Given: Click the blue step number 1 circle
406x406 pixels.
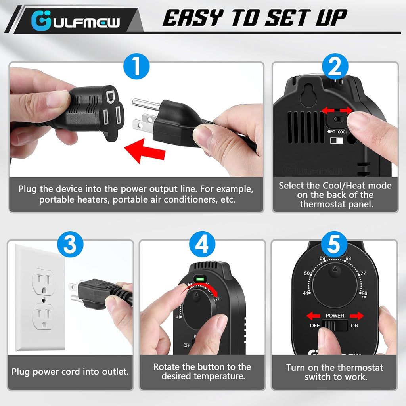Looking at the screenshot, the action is point(136,66).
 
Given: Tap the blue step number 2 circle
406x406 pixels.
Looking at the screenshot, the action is point(335,66).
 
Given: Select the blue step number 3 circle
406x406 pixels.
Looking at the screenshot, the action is point(70,244).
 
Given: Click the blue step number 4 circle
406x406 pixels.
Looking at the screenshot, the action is point(202,244).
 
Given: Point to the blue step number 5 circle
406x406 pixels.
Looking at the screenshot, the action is point(334,244).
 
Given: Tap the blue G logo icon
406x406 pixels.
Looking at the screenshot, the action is point(41,21).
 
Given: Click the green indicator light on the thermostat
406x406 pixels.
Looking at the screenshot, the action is point(200,279).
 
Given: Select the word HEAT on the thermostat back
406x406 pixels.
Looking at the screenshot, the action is point(331,132).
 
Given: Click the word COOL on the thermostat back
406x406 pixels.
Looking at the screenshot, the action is point(342,132).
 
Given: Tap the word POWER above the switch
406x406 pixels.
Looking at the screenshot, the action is point(335,315).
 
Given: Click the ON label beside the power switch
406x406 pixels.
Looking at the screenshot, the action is point(354,326).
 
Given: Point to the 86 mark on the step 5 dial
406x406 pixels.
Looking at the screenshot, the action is point(364,293).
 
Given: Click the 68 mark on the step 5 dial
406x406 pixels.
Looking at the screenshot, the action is point(348,258).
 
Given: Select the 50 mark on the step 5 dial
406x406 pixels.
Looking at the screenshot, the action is point(307,273).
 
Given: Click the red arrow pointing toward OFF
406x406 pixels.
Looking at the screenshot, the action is point(313,316).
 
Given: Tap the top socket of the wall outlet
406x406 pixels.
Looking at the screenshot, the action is point(44,282).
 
